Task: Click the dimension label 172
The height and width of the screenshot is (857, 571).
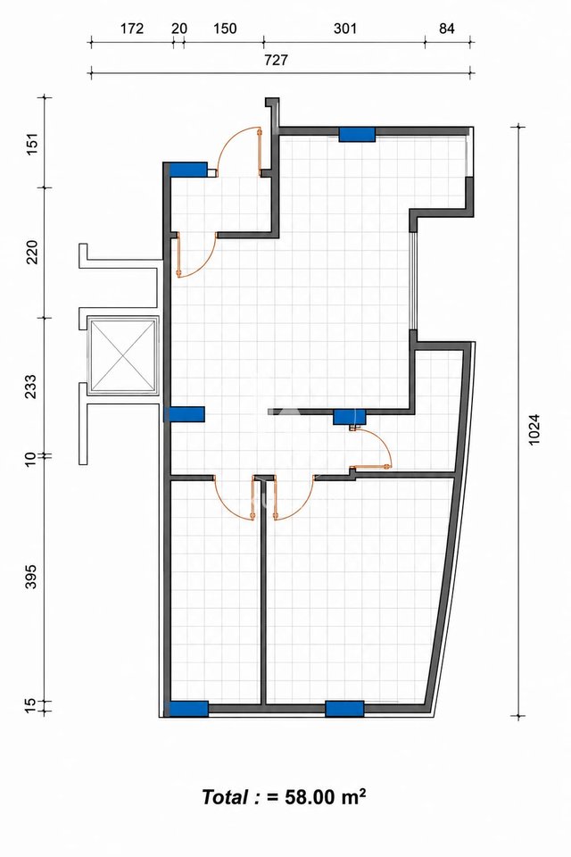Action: pyautogui.click(x=132, y=29)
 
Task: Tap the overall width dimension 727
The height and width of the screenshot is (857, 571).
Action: pyautogui.click(x=276, y=60)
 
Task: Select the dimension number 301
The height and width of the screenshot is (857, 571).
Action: pyautogui.click(x=345, y=29)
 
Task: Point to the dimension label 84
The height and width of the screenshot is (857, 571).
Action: pyautogui.click(x=447, y=29)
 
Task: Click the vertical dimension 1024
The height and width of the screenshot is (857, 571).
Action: pyautogui.click(x=534, y=428)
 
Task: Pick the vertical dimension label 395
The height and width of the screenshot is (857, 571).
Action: pyautogui.click(x=31, y=577)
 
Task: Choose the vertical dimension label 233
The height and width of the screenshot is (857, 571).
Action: pyautogui.click(x=31, y=387)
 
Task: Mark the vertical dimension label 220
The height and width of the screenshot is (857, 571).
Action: pyautogui.click(x=33, y=252)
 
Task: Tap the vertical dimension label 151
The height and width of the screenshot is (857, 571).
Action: pyautogui.click(x=33, y=143)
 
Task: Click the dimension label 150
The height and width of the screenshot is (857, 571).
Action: pyautogui.click(x=225, y=29)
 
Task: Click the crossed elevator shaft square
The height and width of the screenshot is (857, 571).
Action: pyautogui.click(x=122, y=356)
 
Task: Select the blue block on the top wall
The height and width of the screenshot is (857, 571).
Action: pyautogui.click(x=357, y=134)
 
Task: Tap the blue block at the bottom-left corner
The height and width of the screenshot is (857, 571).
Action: pyautogui.click(x=188, y=709)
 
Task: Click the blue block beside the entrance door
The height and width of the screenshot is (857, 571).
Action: pyautogui.click(x=188, y=169)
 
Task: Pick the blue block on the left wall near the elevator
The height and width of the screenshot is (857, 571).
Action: pyautogui.click(x=185, y=414)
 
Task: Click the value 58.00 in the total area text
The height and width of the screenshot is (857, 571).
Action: pyautogui.click(x=309, y=797)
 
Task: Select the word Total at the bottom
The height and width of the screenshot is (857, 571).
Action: pyautogui.click(x=225, y=797)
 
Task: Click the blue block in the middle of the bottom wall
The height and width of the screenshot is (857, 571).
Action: pyautogui.click(x=344, y=709)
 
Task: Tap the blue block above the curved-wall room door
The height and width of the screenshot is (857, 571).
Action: pyautogui.click(x=350, y=417)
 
